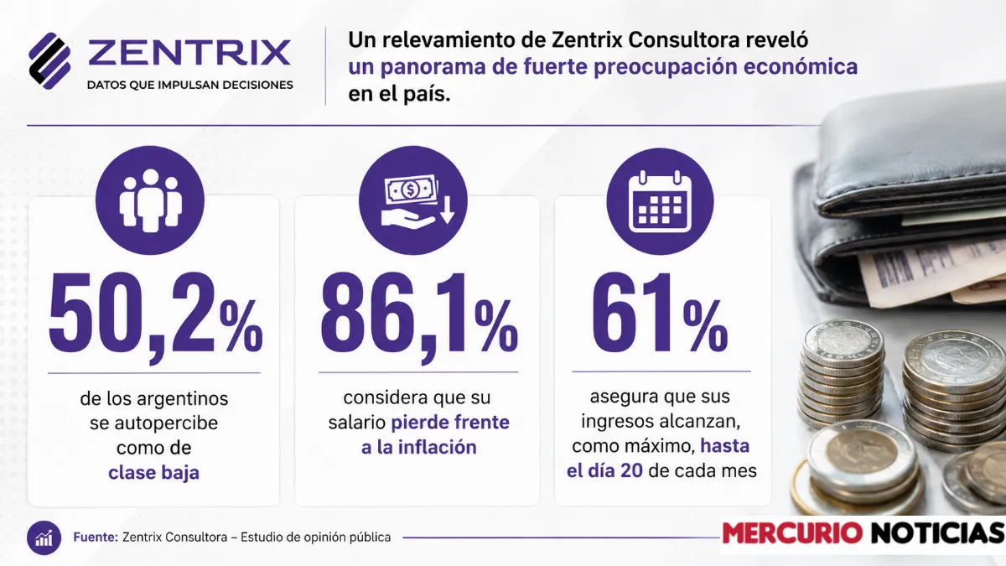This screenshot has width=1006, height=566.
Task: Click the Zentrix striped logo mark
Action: (x=49, y=60)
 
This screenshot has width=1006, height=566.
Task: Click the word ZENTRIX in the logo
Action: (x=189, y=53)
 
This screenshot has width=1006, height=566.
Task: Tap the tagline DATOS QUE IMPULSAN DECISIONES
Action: (x=190, y=85)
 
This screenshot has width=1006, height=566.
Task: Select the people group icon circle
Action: (x=150, y=200)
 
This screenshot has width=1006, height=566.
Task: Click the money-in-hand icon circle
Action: (x=413, y=200)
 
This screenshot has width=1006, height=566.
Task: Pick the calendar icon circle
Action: (x=661, y=201)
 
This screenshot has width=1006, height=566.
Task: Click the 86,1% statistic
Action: (x=419, y=314)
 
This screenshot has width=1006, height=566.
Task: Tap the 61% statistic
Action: (x=660, y=313)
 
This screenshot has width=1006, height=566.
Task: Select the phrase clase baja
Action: (x=153, y=473)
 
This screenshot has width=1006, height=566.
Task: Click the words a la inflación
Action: (x=419, y=448)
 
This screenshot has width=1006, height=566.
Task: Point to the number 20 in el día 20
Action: (x=631, y=470)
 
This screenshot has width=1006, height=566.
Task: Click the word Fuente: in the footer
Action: (x=96, y=537)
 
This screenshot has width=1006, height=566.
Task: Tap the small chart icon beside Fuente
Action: (x=44, y=538)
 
